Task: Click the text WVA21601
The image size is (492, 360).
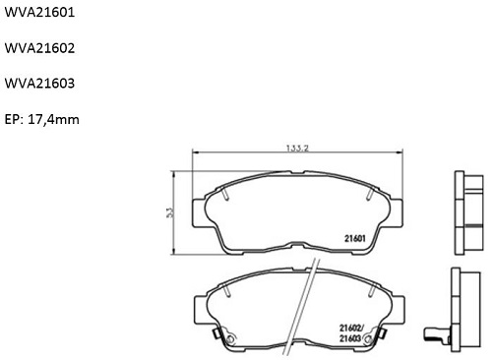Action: click(x=39, y=13)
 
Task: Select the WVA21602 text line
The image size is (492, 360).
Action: click(x=39, y=48)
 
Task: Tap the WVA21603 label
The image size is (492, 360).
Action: click(x=39, y=84)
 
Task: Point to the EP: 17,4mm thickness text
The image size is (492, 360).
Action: click(x=42, y=119)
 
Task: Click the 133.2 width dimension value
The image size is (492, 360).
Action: click(x=297, y=149)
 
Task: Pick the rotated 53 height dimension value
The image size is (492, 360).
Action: click(x=170, y=212)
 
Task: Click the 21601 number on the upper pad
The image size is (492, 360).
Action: click(x=355, y=238)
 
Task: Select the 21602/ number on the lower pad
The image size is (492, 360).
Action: click(x=351, y=328)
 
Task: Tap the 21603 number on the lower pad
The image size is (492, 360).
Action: click(x=350, y=338)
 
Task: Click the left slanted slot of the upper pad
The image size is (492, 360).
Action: click(x=225, y=194)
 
